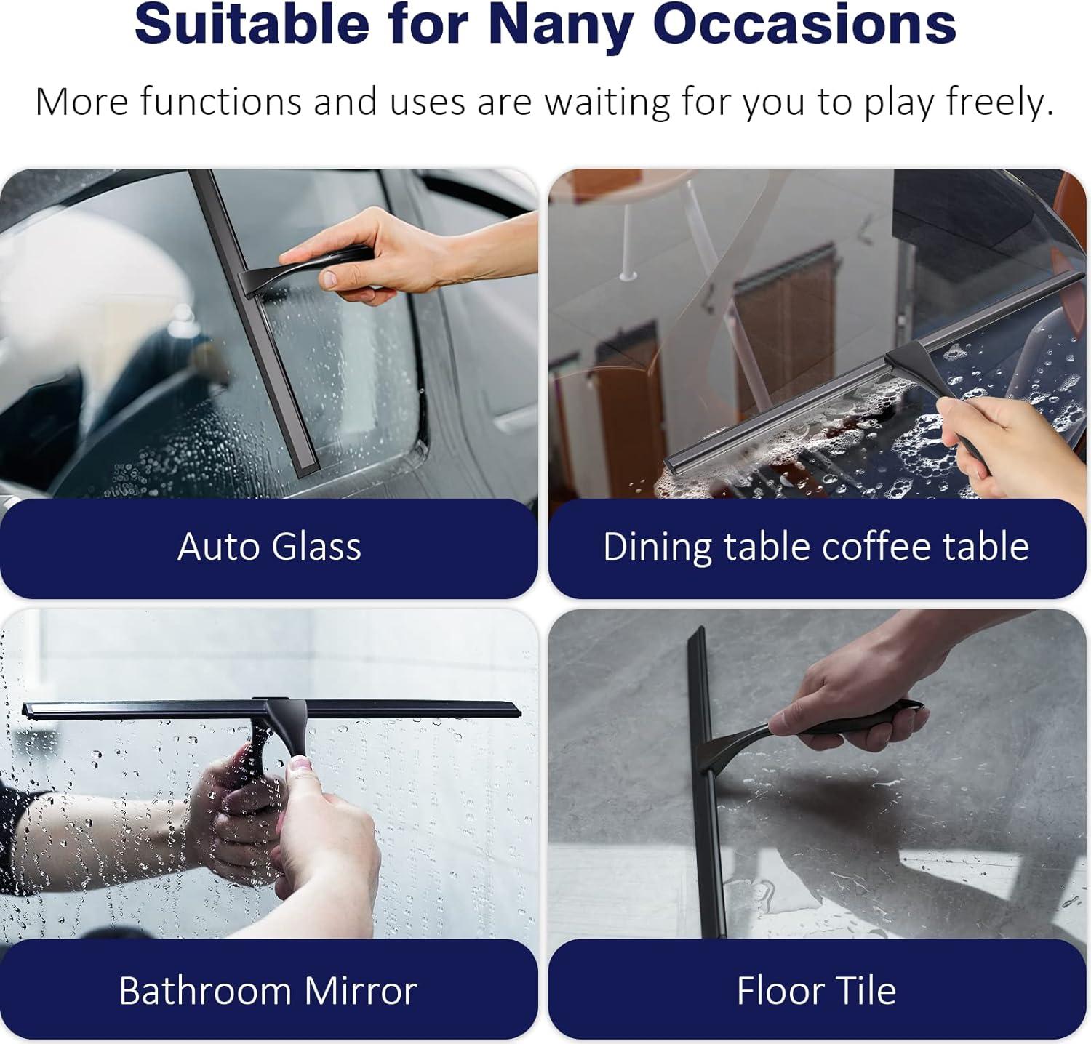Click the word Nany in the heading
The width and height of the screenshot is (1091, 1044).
tap(560, 25)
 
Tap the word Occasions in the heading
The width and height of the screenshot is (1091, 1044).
tap(804, 25)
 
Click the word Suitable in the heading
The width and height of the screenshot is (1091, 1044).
tap(252, 25)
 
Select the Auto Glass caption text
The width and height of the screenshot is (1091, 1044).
tap(269, 547)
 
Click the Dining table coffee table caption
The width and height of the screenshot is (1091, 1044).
tap(815, 547)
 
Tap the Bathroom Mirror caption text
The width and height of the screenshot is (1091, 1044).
tap(268, 990)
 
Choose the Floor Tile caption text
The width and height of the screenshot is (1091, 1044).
tap(816, 990)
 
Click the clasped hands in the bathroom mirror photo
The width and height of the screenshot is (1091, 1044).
tap(291, 822)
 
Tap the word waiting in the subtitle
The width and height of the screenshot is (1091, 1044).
tap(607, 102)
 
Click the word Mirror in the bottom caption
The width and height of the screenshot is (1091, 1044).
tap(360, 990)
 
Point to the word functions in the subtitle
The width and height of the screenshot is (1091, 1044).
tap(220, 102)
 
